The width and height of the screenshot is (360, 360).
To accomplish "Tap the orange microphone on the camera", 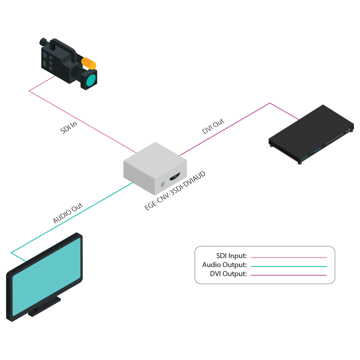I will pos(89,63).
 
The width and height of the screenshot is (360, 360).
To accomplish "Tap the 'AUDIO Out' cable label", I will pos(68,213).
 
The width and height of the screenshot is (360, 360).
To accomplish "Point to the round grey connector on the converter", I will pos(162,184).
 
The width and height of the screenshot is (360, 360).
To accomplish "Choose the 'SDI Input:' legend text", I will pos(231,256).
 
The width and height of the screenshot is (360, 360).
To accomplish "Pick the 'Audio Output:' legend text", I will pos(225,265).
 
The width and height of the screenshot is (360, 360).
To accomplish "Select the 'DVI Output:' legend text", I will pos(228,274).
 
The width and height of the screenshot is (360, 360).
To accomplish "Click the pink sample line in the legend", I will pos(288,257).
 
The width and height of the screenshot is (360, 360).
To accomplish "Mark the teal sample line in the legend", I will pos(288,266).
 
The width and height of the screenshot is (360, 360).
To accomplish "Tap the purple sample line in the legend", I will pos(288,275).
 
